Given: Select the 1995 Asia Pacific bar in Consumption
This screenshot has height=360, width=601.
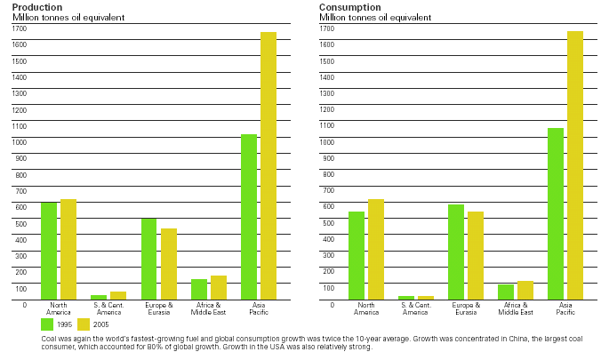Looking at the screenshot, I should point(556,213).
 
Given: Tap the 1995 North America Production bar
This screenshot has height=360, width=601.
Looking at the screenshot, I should point(49,250).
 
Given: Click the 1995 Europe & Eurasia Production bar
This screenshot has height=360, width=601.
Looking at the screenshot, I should point(148,259).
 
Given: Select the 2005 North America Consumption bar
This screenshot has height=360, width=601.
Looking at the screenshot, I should point(376,249).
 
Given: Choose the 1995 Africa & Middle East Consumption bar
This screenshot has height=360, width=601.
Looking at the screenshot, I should point(506,292).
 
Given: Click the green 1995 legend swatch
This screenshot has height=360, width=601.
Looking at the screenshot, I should point(48,324).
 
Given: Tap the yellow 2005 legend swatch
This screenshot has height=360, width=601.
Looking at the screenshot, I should point(84,324).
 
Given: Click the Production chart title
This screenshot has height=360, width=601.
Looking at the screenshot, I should point(31,7).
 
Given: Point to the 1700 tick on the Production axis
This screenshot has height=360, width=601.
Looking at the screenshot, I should point(19,28).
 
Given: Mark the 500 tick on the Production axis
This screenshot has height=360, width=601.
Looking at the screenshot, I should point(19,223).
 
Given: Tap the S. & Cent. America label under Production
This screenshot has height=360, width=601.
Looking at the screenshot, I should point(108,308).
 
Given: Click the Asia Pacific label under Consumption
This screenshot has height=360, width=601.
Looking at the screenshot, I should point(565,308).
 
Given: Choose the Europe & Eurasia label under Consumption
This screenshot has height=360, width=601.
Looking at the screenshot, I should point(466,308).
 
